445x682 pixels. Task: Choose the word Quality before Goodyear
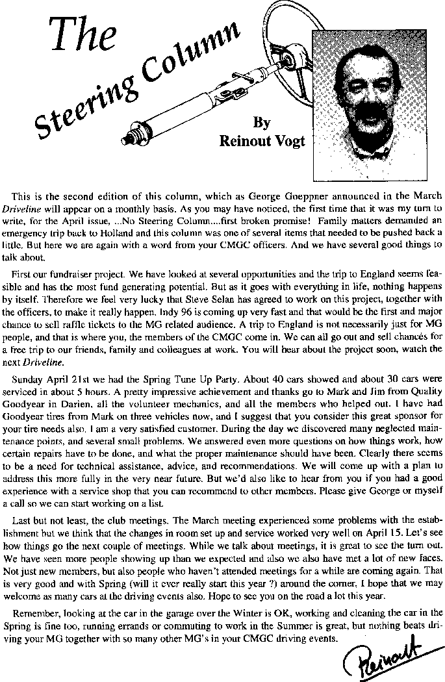click(x=424, y=390)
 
